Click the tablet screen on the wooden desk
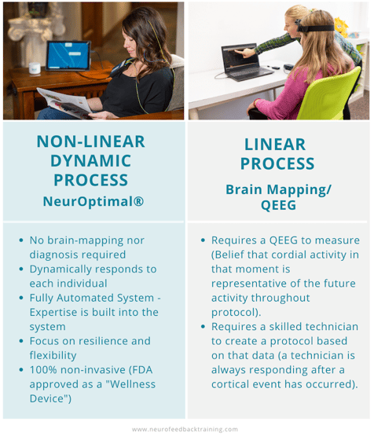68,56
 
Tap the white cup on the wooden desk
34,68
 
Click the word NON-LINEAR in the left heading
91,141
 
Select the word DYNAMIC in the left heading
91,161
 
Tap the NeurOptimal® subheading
93,201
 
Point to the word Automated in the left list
89,298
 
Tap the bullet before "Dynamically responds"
21,269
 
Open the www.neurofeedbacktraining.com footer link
186,429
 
